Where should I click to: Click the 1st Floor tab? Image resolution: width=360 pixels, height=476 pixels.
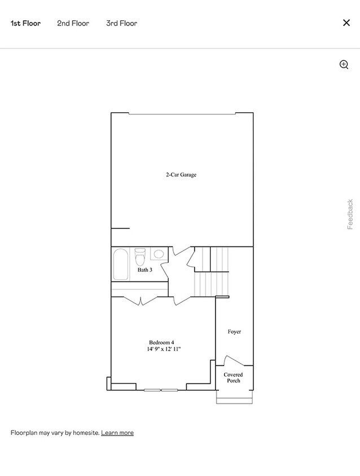tap(25, 23)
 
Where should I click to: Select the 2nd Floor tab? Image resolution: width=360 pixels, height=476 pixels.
tap(73, 23)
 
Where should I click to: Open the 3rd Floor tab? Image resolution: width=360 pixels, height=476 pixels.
tap(121, 23)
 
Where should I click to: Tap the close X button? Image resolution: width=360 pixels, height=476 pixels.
tap(346, 23)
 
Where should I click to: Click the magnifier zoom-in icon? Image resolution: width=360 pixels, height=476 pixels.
tap(344, 64)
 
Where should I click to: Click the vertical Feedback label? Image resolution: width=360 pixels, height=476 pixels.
tap(350, 214)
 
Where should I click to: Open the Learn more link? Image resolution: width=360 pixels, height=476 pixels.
tap(117, 433)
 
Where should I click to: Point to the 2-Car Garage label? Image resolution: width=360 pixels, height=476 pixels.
tap(181, 175)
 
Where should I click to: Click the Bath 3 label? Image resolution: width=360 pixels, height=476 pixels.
tap(145, 270)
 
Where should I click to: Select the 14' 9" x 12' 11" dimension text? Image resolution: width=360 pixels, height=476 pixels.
tap(164, 350)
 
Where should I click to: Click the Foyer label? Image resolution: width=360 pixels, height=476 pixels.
tap(234, 332)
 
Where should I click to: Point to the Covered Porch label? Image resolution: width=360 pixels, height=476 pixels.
tap(233, 378)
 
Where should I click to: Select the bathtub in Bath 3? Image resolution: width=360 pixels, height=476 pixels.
tap(120, 264)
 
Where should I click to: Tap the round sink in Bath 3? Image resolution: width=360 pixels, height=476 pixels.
tap(159, 254)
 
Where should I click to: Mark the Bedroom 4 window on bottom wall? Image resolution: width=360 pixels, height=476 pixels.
tap(161, 390)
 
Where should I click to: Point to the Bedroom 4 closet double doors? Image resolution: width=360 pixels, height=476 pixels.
tap(140, 300)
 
